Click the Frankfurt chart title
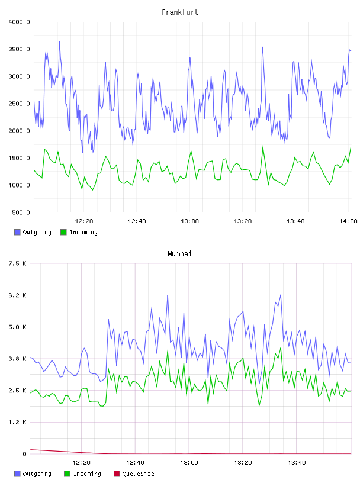coord(180,12)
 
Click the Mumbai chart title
coord(179,254)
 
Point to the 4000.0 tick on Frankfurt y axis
coord(19,22)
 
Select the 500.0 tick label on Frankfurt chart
coord(21,212)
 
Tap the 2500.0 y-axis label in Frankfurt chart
coord(19,104)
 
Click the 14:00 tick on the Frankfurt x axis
coord(348,221)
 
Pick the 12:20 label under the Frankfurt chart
coord(84,221)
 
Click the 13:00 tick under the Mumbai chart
coord(189,463)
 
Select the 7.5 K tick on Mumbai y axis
coord(17,263)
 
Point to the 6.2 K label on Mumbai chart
coord(17,295)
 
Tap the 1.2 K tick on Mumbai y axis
coord(17,422)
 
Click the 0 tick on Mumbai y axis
coord(25,454)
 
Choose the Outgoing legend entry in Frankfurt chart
coord(33,232)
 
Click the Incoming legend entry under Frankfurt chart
coord(79,232)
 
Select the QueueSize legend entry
coord(134,474)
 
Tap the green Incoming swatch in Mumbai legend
coord(67,474)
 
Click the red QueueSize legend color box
coord(117,474)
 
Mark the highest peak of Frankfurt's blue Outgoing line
coord(59,41)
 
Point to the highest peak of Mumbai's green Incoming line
coord(281,347)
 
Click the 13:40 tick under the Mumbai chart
coord(297,463)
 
